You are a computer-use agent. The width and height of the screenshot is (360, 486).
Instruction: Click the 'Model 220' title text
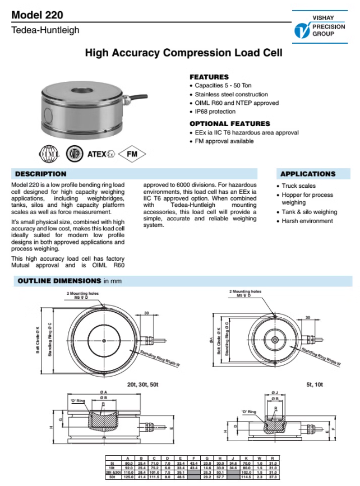point(37,15)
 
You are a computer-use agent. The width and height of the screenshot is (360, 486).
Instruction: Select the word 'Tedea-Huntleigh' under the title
point(45,30)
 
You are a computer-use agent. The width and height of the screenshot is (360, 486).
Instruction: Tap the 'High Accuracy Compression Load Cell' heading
point(183,53)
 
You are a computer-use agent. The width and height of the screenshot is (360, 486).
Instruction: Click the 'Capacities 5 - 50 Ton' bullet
point(223,86)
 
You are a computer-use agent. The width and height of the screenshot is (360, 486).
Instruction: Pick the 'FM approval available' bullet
point(224,141)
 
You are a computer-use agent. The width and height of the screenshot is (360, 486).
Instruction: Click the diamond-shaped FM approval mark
point(132,154)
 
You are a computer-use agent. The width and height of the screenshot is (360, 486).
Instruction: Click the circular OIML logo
point(47,154)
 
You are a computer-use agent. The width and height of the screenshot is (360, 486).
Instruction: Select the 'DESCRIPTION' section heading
point(40,174)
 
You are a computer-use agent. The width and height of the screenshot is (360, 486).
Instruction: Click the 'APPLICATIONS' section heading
point(307,174)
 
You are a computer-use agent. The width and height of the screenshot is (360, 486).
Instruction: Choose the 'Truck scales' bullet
point(298,186)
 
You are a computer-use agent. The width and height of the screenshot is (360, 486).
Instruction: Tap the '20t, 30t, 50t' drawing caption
point(143,385)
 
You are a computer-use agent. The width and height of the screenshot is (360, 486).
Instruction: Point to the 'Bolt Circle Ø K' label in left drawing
point(38,340)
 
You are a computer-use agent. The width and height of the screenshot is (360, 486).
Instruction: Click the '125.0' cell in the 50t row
point(128,477)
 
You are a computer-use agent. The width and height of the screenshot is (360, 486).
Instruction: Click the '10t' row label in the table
point(112,468)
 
